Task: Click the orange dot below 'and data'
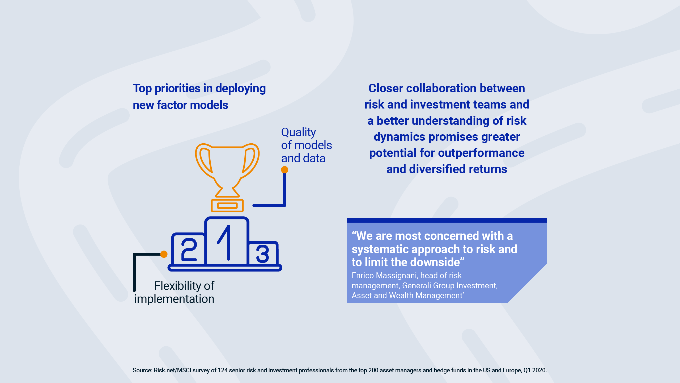[284, 170]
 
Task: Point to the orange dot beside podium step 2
[164, 254]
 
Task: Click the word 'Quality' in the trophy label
[299, 132]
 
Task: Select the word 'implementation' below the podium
[174, 299]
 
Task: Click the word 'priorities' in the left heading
[177, 89]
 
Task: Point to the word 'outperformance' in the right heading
[481, 153]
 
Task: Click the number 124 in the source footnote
[223, 370]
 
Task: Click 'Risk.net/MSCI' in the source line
[172, 370]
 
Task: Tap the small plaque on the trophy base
[227, 206]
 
